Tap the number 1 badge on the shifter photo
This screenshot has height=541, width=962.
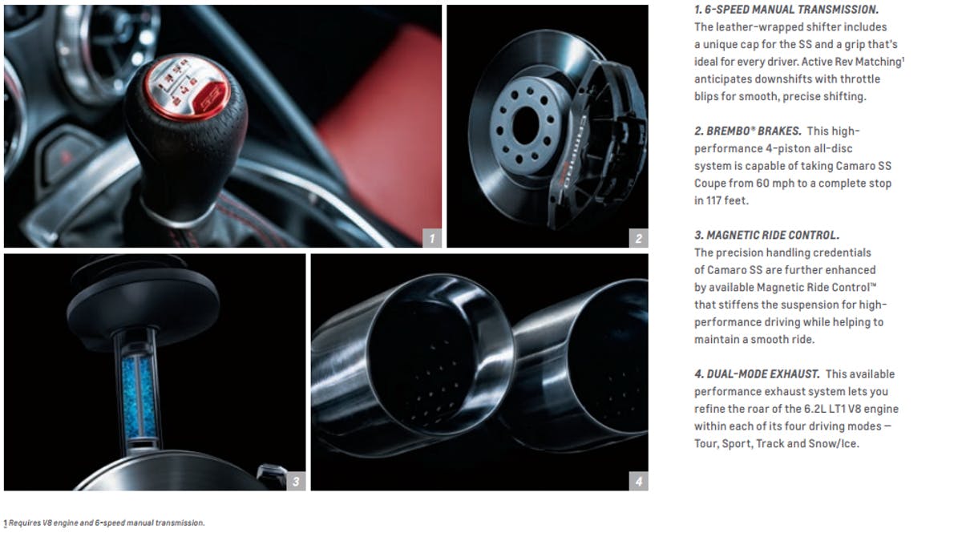click(431, 238)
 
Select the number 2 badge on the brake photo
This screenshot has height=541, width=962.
click(639, 238)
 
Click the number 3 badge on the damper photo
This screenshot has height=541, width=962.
click(296, 482)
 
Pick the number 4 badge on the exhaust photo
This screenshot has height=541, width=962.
click(639, 482)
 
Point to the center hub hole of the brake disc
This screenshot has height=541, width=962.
click(526, 126)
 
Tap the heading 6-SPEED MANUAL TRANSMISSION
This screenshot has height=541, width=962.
click(786, 10)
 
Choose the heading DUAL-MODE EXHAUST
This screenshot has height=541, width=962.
click(757, 374)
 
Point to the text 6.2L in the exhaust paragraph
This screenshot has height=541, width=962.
click(814, 409)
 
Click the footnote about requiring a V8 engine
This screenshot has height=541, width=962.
click(104, 523)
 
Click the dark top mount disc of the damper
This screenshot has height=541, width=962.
click(143, 305)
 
